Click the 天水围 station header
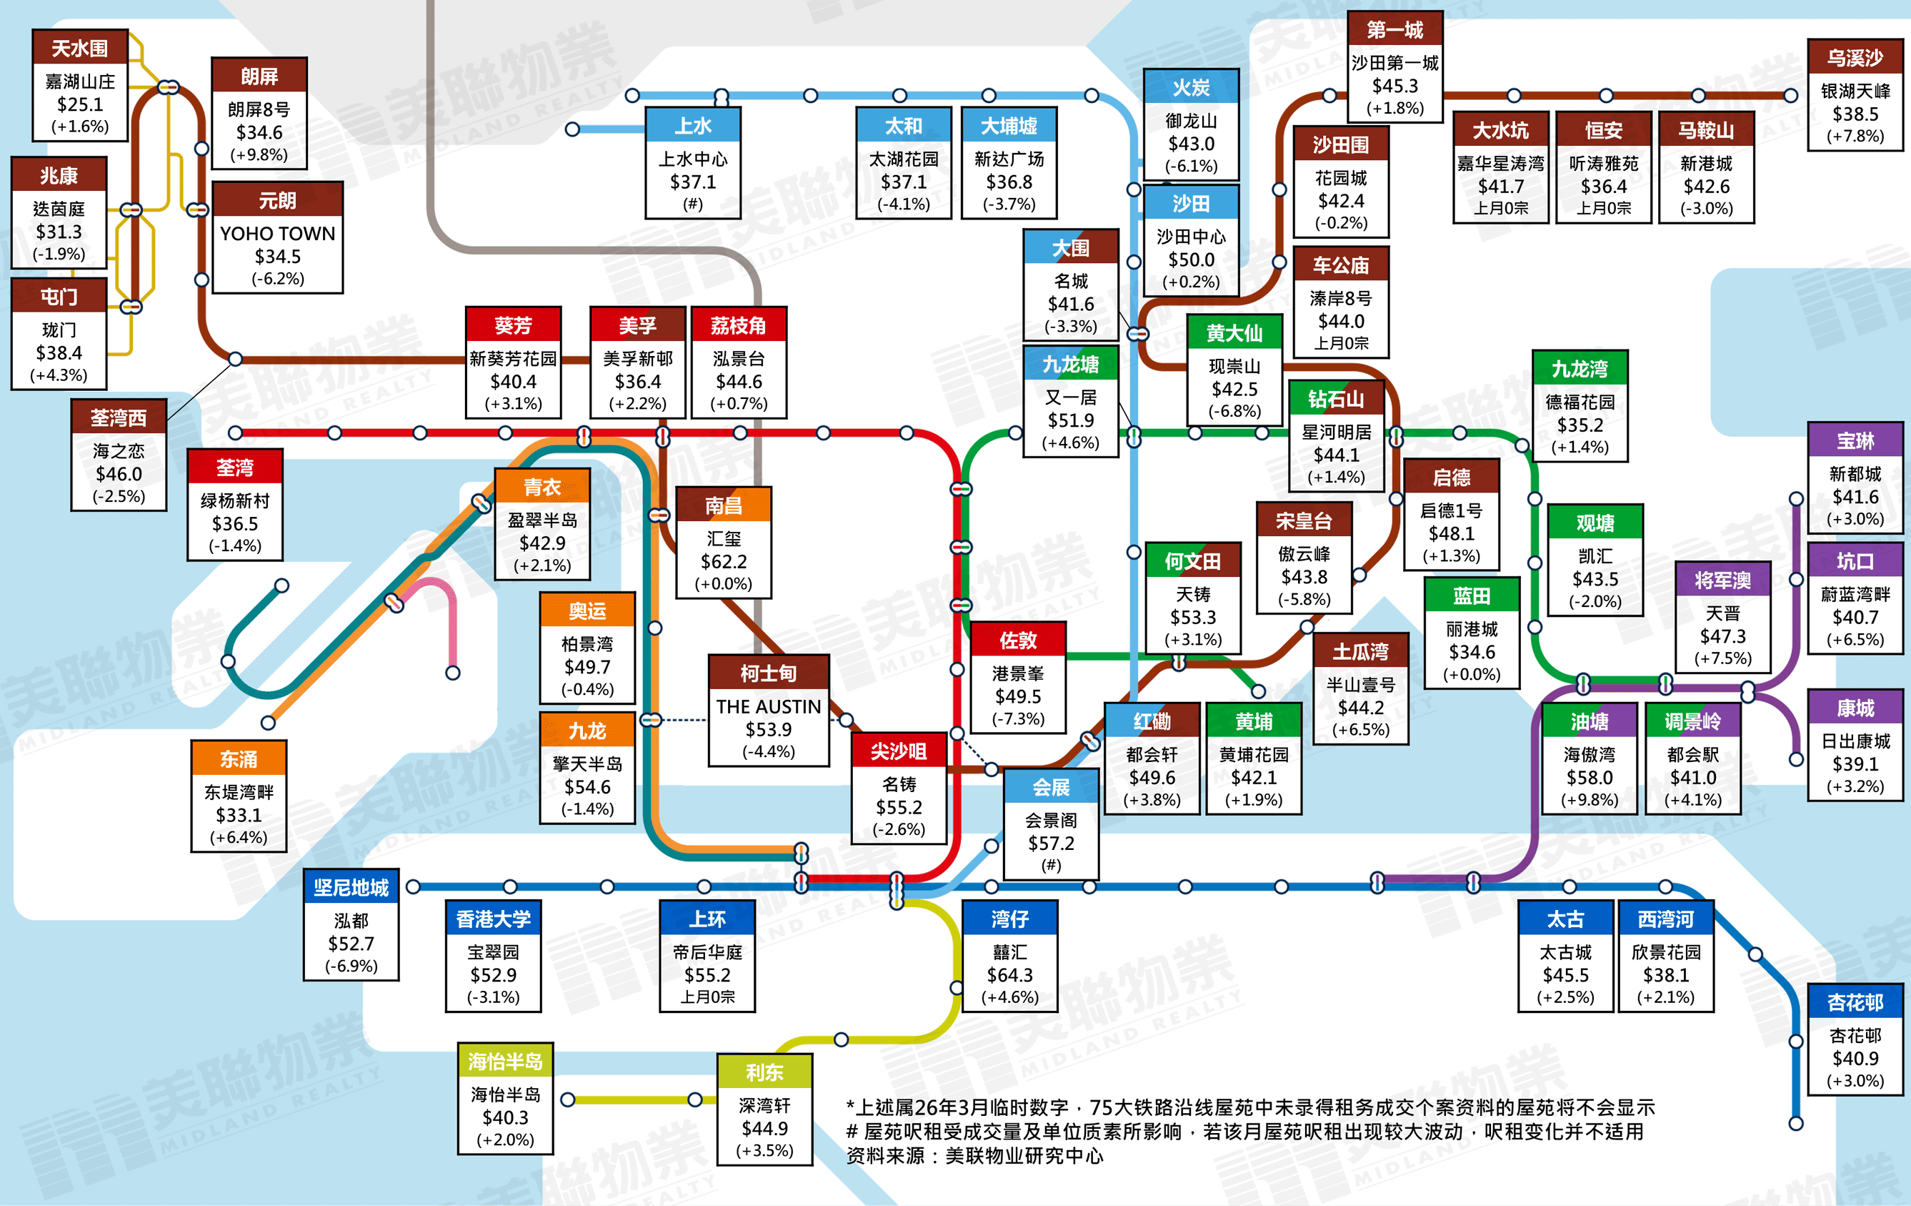(79, 49)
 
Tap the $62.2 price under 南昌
(723, 561)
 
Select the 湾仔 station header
(1009, 919)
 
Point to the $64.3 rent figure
(1009, 974)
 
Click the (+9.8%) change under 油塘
(1589, 799)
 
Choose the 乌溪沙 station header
(1855, 58)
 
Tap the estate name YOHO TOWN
(278, 234)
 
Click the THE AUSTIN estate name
(768, 706)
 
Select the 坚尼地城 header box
(351, 888)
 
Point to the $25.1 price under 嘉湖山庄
(79, 104)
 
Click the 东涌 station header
(238, 759)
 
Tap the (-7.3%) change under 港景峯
(1017, 718)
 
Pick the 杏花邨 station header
(1855, 1003)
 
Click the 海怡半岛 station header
(505, 1062)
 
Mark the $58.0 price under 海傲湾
(1589, 777)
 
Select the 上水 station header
(693, 127)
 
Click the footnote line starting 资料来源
(974, 1155)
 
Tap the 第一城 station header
(1394, 30)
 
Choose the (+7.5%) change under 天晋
(1722, 658)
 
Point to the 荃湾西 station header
(119, 417)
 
